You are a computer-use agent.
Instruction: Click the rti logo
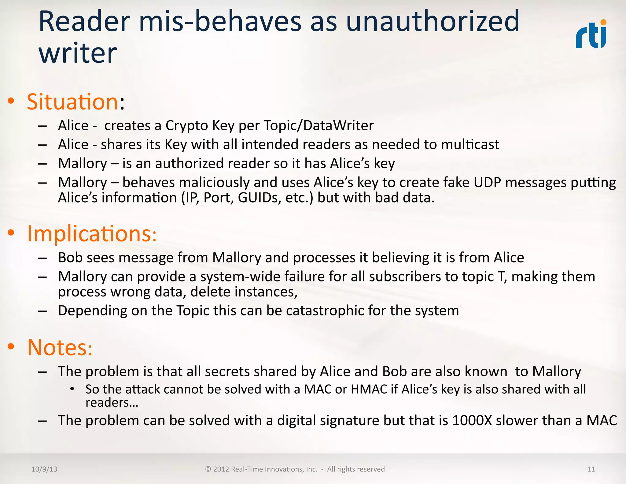pyautogui.click(x=591, y=34)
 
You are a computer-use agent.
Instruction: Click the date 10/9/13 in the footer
pyautogui.click(x=44, y=469)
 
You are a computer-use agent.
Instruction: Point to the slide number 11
pyautogui.click(x=591, y=469)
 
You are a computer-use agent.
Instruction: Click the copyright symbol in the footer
pyautogui.click(x=208, y=469)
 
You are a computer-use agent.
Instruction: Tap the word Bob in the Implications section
pyautogui.click(x=70, y=258)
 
